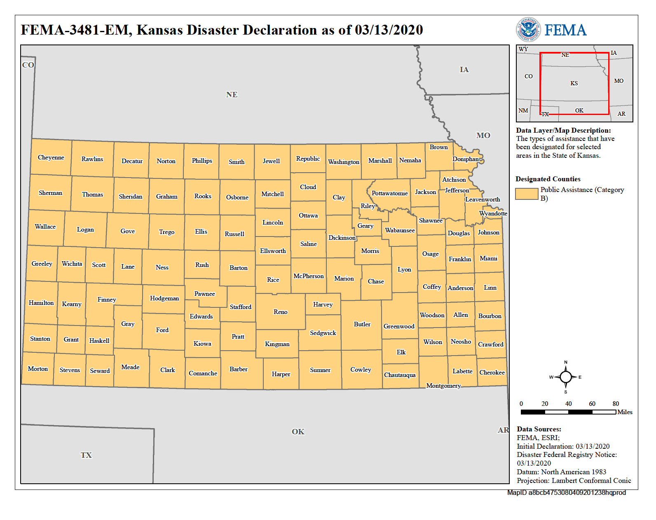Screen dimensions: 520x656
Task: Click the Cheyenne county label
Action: point(51,157)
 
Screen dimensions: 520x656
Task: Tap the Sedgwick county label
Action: point(323,333)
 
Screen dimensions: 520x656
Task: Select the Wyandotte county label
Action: point(493,213)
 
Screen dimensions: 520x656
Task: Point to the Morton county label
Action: point(37,369)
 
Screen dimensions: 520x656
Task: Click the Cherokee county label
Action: point(492,372)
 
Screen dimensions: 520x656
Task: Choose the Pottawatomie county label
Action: point(389,193)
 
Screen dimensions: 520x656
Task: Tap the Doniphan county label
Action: point(465,159)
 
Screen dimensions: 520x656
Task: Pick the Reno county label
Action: point(280,312)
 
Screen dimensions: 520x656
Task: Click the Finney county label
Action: point(106,300)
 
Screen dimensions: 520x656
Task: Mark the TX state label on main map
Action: point(86,455)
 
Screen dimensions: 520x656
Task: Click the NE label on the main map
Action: point(232,95)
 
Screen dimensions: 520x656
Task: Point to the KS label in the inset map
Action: point(574,83)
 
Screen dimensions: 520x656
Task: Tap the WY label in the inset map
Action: point(523,49)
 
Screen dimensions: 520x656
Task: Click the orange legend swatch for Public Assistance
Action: point(527,194)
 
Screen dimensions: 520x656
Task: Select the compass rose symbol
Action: point(565,377)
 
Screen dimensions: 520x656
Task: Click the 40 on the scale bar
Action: point(568,404)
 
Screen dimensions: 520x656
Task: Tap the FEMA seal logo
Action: point(528,30)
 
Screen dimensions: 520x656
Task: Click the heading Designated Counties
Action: point(548,179)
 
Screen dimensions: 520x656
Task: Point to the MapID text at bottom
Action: point(566,492)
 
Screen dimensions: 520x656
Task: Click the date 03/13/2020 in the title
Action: point(389,30)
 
